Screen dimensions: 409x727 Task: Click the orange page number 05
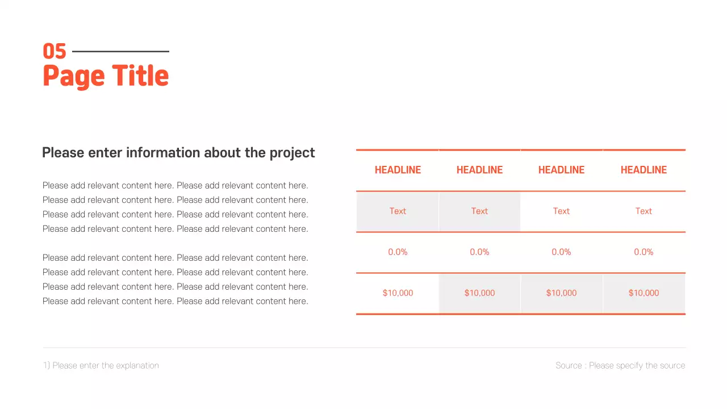[x=55, y=52]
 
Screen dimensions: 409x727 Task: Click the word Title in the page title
[x=140, y=76]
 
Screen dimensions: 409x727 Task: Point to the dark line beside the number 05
[x=120, y=52]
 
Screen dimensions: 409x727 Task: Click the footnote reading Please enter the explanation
[x=101, y=366]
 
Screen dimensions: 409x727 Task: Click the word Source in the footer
[x=569, y=366]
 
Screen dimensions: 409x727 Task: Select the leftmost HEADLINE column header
[x=398, y=170]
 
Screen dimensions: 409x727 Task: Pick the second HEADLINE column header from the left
[x=479, y=170]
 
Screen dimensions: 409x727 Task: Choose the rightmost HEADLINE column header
[x=644, y=170]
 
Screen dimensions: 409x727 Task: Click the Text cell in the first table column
[x=398, y=211]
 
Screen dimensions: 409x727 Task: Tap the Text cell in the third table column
[x=561, y=211]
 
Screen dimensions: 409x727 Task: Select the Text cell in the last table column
[x=644, y=211]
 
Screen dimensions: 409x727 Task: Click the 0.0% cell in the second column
[x=479, y=252]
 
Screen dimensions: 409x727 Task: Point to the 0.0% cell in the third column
[x=561, y=252]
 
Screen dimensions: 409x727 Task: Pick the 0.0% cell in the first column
[x=398, y=252]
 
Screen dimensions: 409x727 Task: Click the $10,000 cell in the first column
[x=398, y=293]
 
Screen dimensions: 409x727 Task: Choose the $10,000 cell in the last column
[x=644, y=293]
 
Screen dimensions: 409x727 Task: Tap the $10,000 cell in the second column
[x=479, y=293]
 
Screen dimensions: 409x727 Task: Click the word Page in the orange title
[x=74, y=77]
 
